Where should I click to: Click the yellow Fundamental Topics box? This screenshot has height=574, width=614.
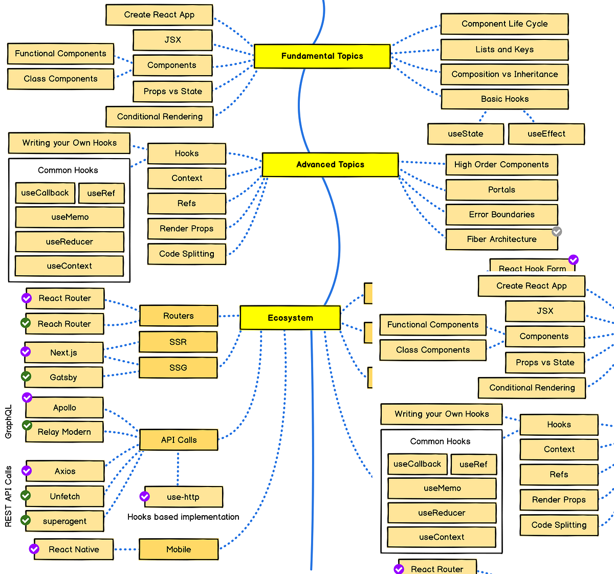(x=322, y=56)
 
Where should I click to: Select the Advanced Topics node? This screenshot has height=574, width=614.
(x=330, y=165)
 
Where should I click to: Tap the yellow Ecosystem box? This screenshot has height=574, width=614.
(x=290, y=318)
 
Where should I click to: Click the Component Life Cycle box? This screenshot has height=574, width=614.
(x=504, y=24)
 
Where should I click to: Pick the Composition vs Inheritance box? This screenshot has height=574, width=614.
(x=504, y=74)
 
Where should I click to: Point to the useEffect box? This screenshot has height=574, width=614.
(x=546, y=134)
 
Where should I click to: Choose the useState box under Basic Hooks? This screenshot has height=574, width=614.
(x=465, y=134)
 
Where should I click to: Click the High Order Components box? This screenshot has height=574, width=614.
(x=501, y=165)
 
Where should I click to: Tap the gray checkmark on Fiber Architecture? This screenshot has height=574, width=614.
(x=557, y=232)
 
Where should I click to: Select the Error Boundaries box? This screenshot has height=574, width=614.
(x=501, y=215)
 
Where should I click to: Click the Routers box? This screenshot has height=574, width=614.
(x=178, y=316)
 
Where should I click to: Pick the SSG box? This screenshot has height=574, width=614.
(x=178, y=368)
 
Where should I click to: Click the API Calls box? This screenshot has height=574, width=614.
(x=178, y=440)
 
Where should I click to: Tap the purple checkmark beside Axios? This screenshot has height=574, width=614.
(x=27, y=471)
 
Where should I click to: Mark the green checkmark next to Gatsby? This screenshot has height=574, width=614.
(x=26, y=377)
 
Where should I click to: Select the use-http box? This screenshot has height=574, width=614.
(x=183, y=497)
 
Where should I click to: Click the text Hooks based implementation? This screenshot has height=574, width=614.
(x=183, y=517)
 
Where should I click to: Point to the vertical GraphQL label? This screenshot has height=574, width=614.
(x=8, y=422)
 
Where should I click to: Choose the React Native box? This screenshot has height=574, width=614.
(x=74, y=549)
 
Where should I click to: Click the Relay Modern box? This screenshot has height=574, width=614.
(x=64, y=432)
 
